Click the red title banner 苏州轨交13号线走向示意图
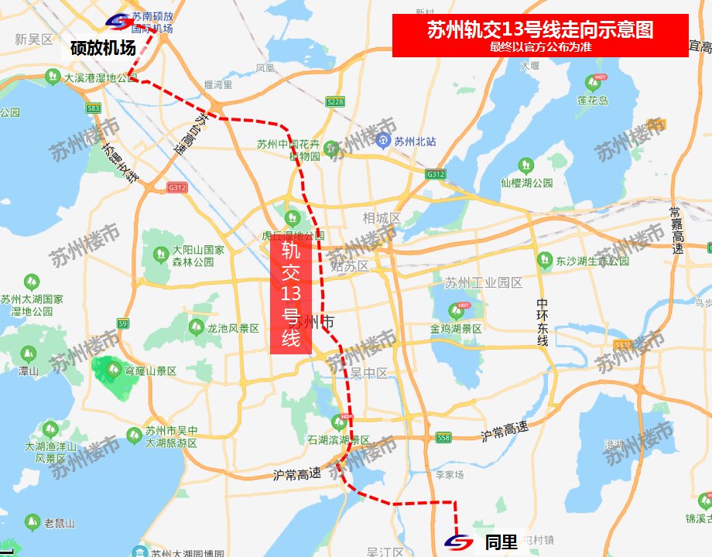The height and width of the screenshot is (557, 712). [540, 36]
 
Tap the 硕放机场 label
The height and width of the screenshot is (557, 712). [103, 47]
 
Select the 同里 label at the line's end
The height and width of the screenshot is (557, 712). [501, 542]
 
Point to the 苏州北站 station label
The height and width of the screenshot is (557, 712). [415, 141]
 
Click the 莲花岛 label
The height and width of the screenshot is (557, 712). [593, 101]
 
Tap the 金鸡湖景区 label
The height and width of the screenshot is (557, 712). [456, 329]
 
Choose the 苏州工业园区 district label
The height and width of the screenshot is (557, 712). [484, 283]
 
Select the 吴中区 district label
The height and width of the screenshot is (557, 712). [368, 373]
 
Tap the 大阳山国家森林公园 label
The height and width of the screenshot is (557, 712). [198, 256]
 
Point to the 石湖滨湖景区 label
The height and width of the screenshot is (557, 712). [339, 440]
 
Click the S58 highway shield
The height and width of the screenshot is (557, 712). [443, 438]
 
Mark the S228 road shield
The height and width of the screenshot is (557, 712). [335, 101]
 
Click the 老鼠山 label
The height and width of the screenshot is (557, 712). [60, 524]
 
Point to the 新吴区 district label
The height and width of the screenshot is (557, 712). [33, 39]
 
